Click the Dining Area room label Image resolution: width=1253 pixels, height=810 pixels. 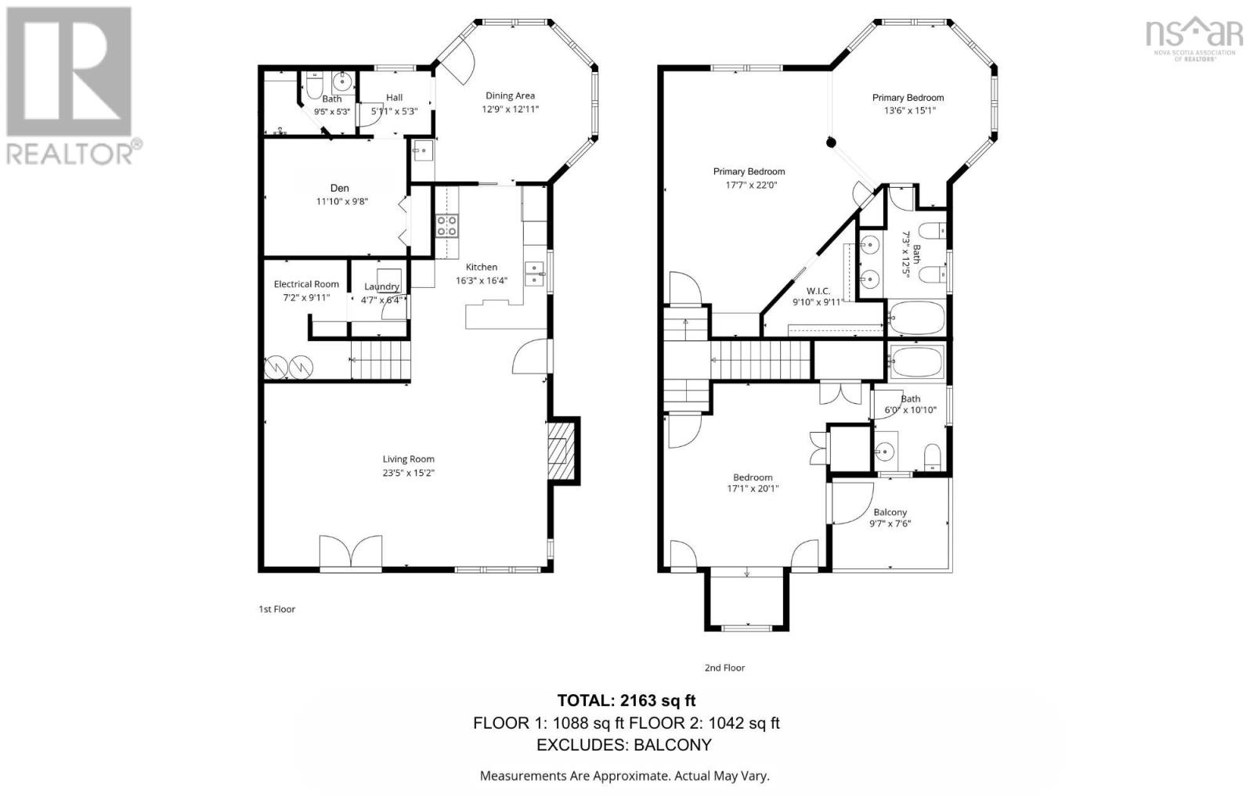[x=510, y=95]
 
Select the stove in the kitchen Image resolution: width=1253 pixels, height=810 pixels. [x=447, y=226]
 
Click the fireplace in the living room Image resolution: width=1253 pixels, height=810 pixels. [x=559, y=452]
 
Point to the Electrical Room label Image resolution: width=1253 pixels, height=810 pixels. [x=306, y=284]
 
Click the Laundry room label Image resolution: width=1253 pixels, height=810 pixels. [x=381, y=286]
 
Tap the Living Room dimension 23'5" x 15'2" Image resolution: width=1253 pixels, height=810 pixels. [x=408, y=473]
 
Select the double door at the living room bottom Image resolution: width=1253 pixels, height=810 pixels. [x=351, y=552]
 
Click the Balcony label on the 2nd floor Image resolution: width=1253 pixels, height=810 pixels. [x=890, y=512]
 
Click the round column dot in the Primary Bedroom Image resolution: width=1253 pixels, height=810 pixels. [x=832, y=142]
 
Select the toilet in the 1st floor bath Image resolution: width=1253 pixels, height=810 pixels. [x=314, y=85]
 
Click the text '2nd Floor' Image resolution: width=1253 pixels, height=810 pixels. [x=724, y=668]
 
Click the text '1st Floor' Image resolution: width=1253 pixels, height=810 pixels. [x=276, y=609]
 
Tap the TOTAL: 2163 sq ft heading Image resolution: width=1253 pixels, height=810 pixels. [x=626, y=700]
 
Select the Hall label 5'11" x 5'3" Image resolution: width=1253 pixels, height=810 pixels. [x=394, y=104]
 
